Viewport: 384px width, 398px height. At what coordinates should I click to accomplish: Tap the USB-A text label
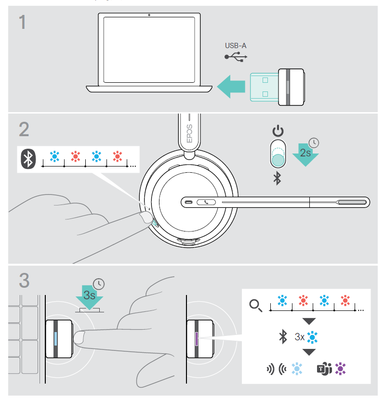click(x=235, y=46)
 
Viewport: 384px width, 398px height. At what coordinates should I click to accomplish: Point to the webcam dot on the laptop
click(x=149, y=15)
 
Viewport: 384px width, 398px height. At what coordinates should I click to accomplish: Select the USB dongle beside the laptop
click(x=277, y=87)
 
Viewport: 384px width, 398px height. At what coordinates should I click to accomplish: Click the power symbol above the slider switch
click(x=278, y=131)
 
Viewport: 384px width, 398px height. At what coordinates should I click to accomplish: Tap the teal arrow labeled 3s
click(x=89, y=296)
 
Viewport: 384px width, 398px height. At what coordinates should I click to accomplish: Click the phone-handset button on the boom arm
click(x=207, y=202)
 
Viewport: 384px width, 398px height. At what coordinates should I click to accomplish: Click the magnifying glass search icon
click(x=255, y=306)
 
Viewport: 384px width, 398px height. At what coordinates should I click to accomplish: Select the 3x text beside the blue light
click(x=300, y=337)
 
